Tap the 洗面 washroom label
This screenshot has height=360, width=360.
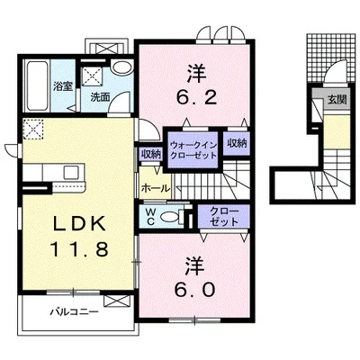(x=99, y=96)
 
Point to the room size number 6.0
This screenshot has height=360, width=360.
(x=192, y=278)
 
